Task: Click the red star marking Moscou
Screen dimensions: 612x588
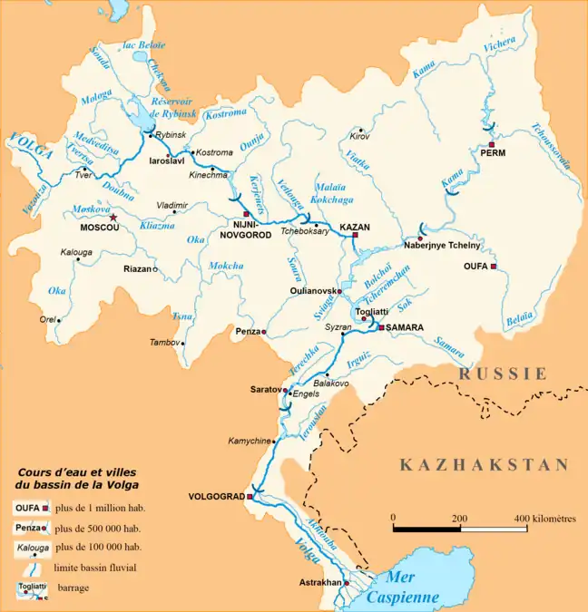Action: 113,218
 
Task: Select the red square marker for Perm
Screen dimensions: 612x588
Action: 491,145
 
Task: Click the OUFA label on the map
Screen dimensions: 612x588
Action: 475,267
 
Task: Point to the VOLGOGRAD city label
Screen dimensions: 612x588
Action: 215,498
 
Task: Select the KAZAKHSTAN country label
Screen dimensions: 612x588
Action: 485,465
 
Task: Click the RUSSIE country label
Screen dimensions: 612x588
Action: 503,373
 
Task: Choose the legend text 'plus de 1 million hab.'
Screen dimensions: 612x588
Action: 100,509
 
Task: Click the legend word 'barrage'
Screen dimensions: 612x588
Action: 73,588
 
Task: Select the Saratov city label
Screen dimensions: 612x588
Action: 265,388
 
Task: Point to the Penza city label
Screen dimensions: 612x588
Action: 247,332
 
